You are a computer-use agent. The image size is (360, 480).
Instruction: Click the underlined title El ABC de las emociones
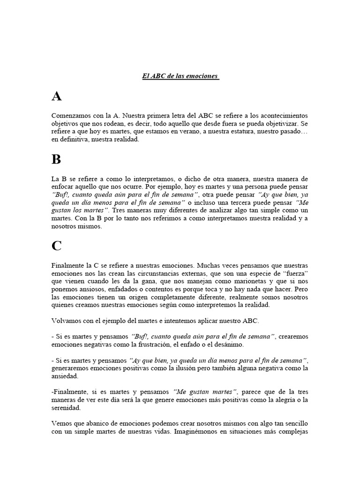coord(181,76)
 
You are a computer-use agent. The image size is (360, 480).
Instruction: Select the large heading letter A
coord(57,97)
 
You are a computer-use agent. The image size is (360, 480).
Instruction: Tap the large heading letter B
coord(56,160)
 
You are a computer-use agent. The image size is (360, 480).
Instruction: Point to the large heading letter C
coord(57,246)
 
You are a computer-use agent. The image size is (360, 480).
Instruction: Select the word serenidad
coord(67,408)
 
